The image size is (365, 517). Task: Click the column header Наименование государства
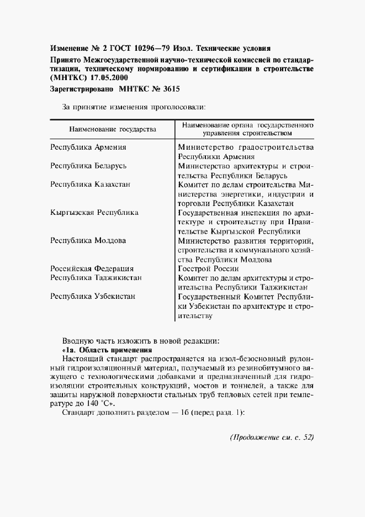(112, 129)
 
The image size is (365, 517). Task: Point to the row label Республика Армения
(88, 147)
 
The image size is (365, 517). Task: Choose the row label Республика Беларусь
(89, 166)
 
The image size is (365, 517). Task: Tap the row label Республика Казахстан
(90, 184)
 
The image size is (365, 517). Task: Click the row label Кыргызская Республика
(94, 212)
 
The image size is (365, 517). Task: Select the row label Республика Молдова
(88, 240)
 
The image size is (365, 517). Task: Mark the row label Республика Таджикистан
(96, 278)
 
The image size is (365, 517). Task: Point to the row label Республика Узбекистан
(93, 297)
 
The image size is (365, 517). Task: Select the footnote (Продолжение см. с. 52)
(271, 437)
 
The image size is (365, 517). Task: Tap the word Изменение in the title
(70, 48)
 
